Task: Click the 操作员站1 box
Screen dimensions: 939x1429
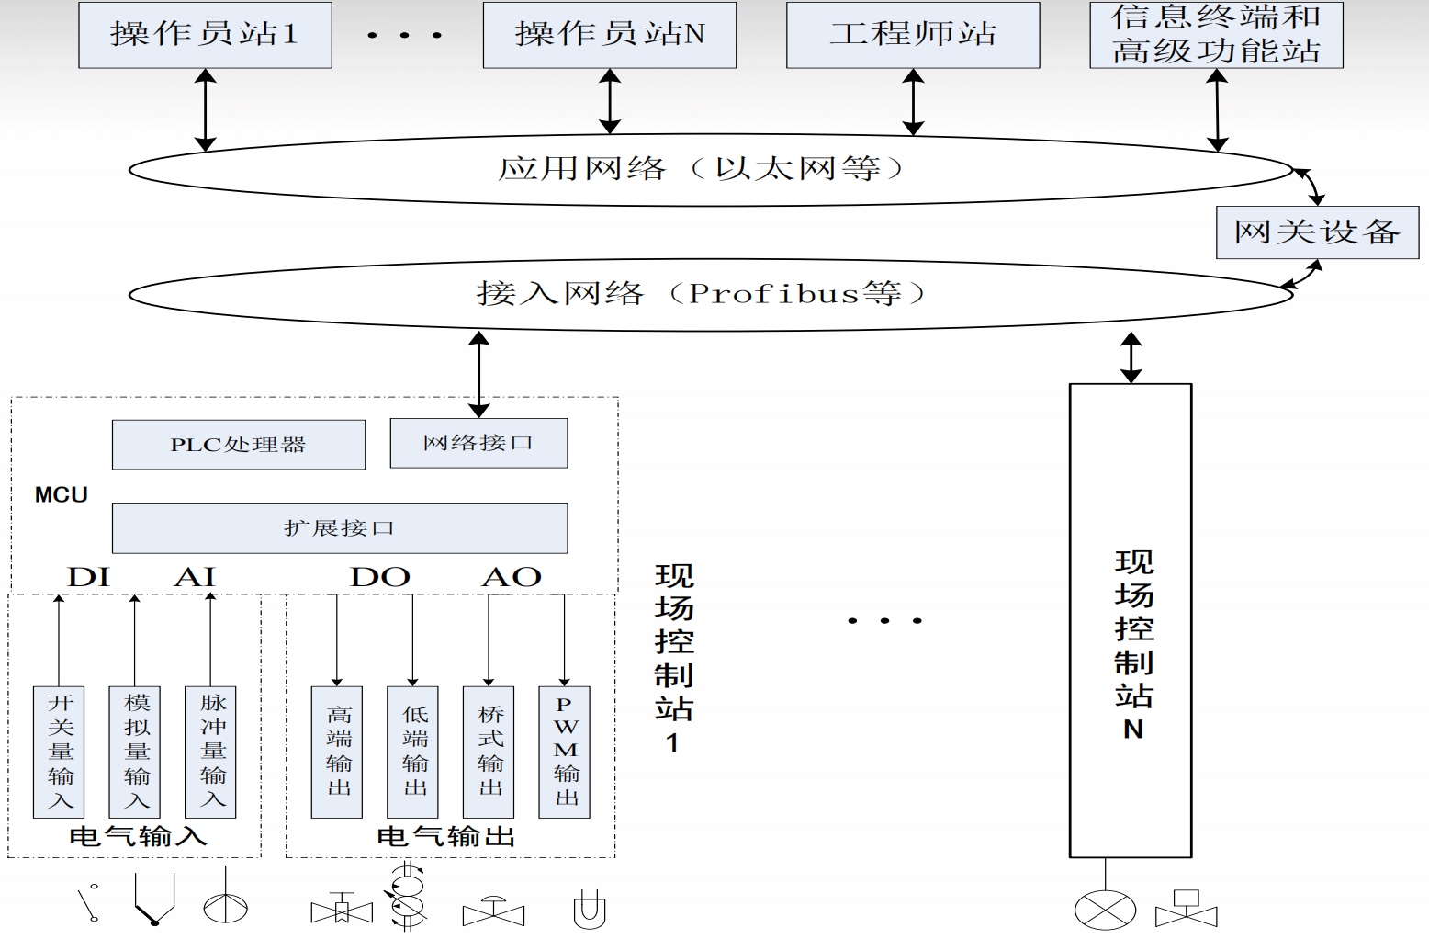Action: tap(205, 35)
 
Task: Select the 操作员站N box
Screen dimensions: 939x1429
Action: tap(610, 35)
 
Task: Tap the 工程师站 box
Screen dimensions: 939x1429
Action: tap(913, 35)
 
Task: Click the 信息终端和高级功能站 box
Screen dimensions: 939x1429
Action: tap(1216, 35)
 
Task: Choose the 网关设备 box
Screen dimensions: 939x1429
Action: tap(1317, 232)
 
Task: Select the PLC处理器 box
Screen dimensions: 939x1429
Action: tap(239, 445)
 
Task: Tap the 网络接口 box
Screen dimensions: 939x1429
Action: tap(478, 444)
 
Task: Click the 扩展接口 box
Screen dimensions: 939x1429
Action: tap(340, 528)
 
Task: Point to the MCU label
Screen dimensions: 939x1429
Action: tap(62, 495)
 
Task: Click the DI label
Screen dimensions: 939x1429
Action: tap(88, 577)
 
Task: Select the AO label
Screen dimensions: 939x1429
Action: tap(512, 577)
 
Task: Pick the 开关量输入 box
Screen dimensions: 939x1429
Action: tap(59, 752)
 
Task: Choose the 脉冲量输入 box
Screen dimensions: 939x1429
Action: tap(211, 752)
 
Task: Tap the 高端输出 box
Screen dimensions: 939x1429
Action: tap(337, 752)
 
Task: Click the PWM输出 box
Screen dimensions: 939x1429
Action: tap(565, 752)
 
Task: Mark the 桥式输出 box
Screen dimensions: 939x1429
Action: tap(489, 752)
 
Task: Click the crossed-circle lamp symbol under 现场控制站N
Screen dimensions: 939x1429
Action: tap(1105, 911)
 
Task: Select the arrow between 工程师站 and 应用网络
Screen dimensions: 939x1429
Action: tap(913, 102)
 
